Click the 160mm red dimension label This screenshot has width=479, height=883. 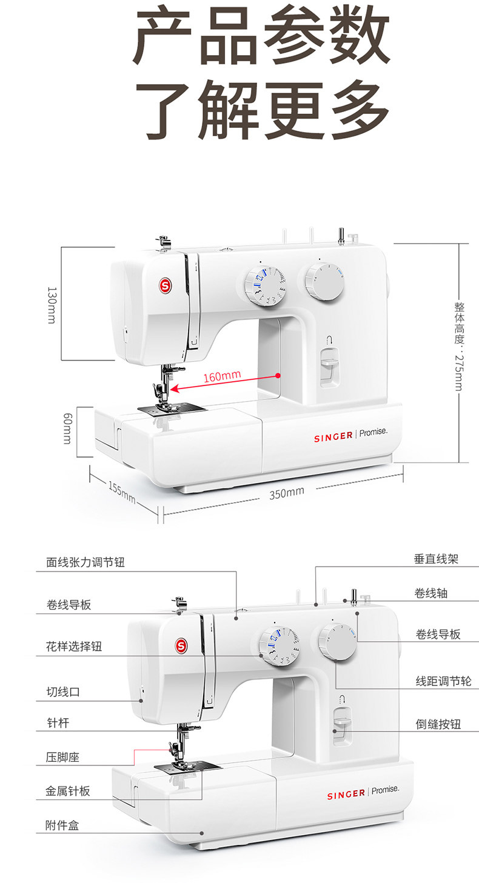coord(222,376)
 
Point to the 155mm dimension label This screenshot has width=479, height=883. coord(122,491)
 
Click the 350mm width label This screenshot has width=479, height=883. coord(286,491)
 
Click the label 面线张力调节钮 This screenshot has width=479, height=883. coord(85,562)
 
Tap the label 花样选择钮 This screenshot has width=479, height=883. coord(74,646)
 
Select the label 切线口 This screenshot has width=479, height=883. coord(63,692)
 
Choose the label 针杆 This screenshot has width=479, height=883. coord(58,723)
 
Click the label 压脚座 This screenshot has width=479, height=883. coord(63,757)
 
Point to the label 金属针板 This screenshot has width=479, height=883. coord(68,791)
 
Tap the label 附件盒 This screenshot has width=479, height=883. coord(62,825)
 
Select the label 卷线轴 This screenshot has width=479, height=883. coord(430,593)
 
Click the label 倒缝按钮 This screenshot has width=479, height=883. coord(438,724)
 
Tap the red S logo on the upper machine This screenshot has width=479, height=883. coord(164,284)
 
